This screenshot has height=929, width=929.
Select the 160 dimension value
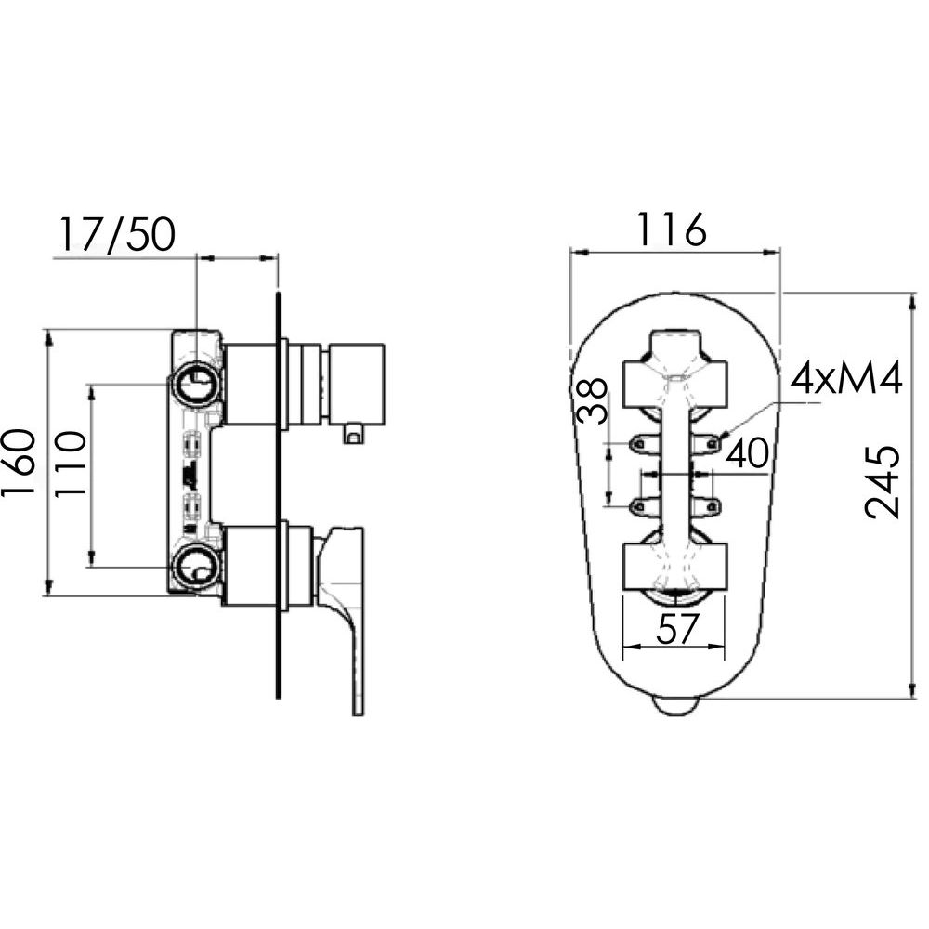17,463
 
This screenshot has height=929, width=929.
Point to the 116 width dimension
671,229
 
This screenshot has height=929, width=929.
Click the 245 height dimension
883,482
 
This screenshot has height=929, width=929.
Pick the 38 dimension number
592,400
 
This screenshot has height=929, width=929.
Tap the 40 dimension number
747,453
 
